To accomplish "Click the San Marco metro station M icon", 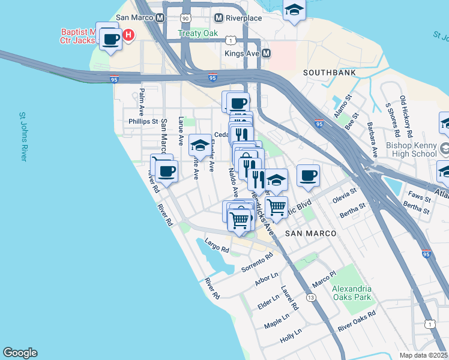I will (x=160, y=18).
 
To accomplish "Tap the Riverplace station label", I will (x=244, y=18).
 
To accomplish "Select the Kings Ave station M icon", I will (x=266, y=53).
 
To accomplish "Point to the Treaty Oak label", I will (x=197, y=34).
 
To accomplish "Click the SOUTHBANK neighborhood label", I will (x=330, y=73).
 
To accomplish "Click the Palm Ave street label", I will (x=142, y=103).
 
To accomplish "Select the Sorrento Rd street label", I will (x=257, y=261).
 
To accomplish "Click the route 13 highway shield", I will (x=310, y=297).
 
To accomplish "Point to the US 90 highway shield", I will (x=186, y=19).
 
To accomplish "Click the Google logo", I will (x=20, y=353).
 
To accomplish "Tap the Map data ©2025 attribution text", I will (x=423, y=355).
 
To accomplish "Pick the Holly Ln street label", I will (x=293, y=336).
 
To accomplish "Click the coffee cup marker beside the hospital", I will (x=109, y=40).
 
